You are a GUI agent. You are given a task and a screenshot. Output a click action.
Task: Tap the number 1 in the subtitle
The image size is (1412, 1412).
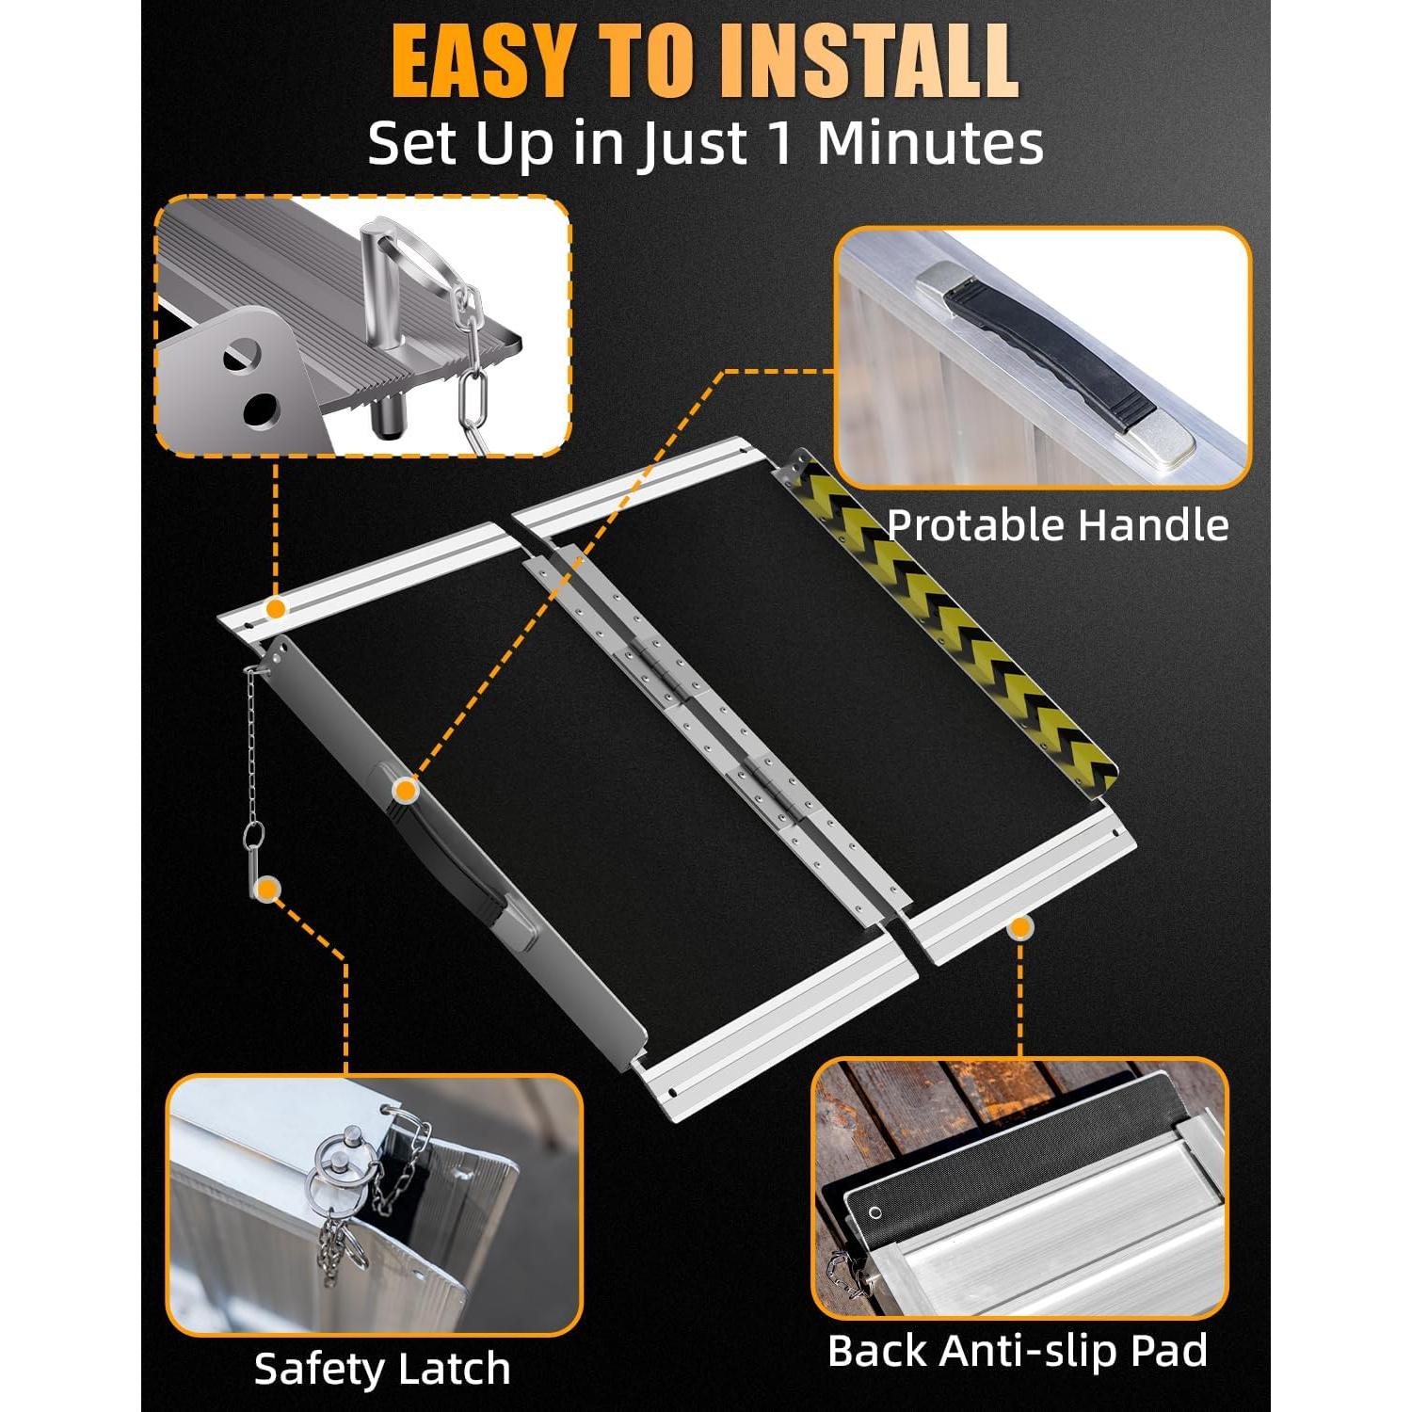(780, 143)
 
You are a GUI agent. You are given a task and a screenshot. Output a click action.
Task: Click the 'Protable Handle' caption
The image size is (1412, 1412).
(1057, 525)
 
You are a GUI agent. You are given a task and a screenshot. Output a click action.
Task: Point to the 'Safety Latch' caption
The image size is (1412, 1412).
(382, 1368)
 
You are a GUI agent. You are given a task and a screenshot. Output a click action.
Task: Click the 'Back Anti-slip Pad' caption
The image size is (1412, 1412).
(1018, 1351)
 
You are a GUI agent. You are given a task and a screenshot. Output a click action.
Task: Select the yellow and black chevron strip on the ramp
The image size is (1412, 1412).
(951, 621)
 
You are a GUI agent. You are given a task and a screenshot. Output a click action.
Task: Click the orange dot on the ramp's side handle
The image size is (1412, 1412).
(405, 790)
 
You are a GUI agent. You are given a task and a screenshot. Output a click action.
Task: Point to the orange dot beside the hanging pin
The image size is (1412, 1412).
(269, 889)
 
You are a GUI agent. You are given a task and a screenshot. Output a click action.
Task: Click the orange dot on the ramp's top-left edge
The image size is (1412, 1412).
(275, 609)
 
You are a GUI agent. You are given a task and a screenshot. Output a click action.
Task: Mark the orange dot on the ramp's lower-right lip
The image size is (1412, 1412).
(1019, 927)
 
